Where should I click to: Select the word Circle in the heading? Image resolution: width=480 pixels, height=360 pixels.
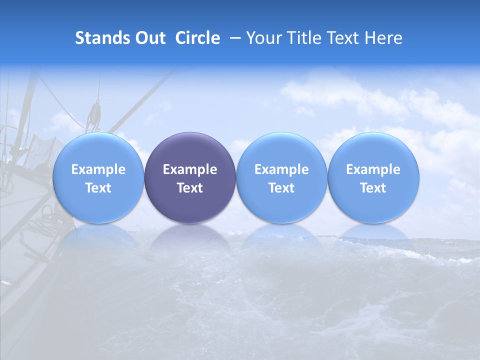point(197,38)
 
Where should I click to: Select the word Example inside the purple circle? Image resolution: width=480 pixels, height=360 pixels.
point(190,169)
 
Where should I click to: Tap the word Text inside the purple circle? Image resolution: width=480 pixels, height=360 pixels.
point(190,188)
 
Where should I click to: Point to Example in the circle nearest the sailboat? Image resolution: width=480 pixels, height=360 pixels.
point(98,169)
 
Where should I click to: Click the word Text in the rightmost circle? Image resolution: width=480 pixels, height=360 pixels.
point(373,188)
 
